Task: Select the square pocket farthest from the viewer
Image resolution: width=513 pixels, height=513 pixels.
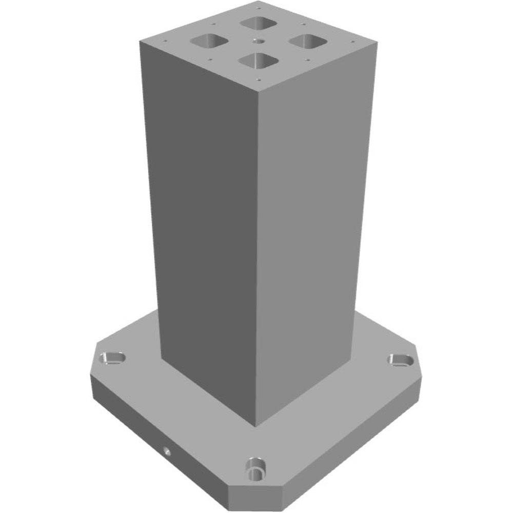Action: (259, 23)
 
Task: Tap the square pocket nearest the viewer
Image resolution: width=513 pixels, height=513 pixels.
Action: (259, 61)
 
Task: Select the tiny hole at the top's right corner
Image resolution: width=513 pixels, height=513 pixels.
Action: (352, 41)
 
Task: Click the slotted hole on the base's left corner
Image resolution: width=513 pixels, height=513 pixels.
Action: (112, 358)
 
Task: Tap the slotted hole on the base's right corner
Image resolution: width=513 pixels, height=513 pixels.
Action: (401, 360)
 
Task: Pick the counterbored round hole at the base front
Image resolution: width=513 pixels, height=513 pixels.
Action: (255, 467)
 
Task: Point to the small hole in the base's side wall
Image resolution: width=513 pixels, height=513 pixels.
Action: (167, 451)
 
